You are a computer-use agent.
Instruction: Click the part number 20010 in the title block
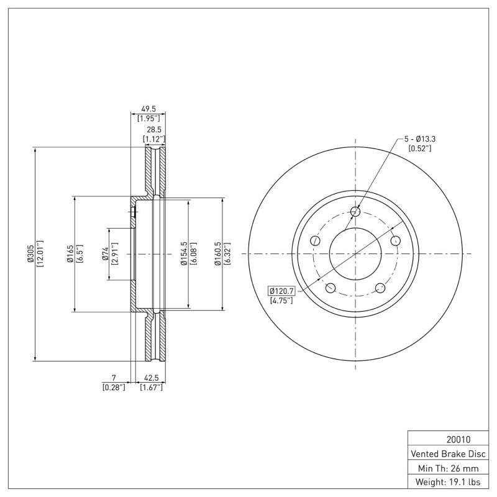[x=458, y=440]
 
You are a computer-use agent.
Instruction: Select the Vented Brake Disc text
[x=448, y=454]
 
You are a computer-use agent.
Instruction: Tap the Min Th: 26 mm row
[x=448, y=468]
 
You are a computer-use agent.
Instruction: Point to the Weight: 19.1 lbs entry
[x=448, y=483]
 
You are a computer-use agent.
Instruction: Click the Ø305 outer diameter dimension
[x=30, y=253]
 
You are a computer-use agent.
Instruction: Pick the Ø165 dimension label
[x=70, y=253]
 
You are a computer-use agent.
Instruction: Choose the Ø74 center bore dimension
[x=106, y=253]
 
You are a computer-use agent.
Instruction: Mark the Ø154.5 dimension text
[x=184, y=253]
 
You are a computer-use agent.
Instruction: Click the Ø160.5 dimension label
[x=217, y=253]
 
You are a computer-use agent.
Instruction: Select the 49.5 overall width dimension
[x=148, y=109]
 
